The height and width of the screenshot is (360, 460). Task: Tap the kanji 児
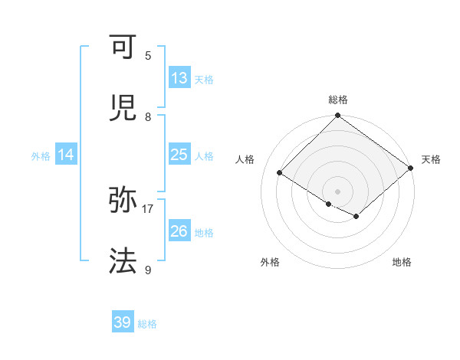124,108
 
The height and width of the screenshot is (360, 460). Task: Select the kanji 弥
124,200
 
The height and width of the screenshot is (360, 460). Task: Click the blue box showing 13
179,78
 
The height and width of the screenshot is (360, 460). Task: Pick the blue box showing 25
179,155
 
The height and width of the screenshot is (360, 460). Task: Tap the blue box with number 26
179,231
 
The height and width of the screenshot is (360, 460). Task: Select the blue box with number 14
66,155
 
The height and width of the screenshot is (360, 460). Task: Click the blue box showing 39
123,322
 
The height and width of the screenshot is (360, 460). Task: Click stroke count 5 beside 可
148,55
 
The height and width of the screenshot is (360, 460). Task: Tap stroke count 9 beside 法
148,270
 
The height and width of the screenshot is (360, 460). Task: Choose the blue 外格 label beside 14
41,156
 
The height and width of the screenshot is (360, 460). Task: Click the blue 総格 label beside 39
147,324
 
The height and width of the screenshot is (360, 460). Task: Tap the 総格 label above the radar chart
338,100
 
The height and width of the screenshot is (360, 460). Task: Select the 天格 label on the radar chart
432,159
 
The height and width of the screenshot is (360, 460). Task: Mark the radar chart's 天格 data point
412,169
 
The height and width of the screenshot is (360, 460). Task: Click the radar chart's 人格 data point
280,173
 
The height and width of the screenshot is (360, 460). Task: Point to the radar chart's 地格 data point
356,217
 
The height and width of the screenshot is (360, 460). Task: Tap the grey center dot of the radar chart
338,191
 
